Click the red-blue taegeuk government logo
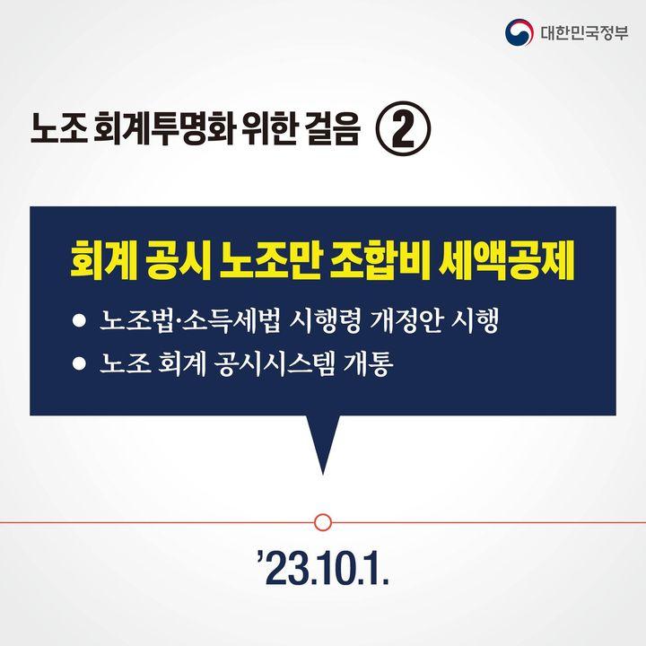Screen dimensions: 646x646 pos(519,32)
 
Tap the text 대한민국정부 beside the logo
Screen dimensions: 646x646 pos(585,32)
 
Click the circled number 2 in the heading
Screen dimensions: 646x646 pos(404,128)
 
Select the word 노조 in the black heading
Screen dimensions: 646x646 pos(59,129)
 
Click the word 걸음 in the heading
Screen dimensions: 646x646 pos(333,129)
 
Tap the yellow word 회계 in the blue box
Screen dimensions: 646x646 pos(103,260)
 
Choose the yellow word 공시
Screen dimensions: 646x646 pos(178,260)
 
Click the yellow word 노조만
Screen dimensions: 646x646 pos(269,260)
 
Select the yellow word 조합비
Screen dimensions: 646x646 pos(379,260)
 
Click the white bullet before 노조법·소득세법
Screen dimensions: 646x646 pos(79,320)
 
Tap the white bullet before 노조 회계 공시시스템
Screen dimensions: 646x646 pos(79,363)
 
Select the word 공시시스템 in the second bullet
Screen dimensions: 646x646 pos(275,363)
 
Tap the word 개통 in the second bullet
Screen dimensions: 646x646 pos(369,363)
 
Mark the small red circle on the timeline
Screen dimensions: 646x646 pos(323,522)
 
